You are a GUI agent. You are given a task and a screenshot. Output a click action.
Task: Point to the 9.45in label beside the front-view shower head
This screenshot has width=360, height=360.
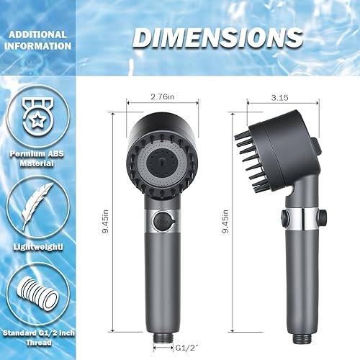(x=107, y=225)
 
